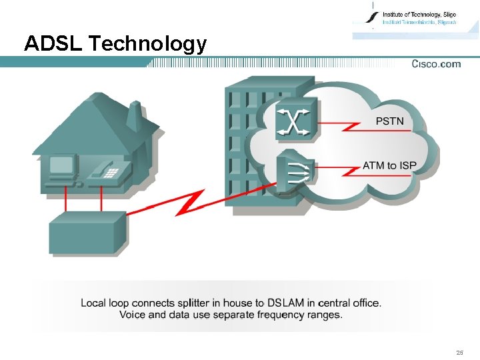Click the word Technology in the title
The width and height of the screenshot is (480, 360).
tap(148, 45)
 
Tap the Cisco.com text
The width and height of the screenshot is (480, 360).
tap(436, 64)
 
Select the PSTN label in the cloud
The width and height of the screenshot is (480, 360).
tap(390, 121)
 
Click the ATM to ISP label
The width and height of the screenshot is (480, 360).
tap(389, 165)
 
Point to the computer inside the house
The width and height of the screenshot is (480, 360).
tap(62, 167)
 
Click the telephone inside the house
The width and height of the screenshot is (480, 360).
tap(105, 173)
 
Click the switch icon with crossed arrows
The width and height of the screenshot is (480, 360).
tap(296, 121)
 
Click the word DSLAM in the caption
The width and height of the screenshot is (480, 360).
tap(287, 303)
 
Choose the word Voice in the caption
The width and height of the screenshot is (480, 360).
tap(133, 315)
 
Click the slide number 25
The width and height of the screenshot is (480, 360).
tap(459, 352)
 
